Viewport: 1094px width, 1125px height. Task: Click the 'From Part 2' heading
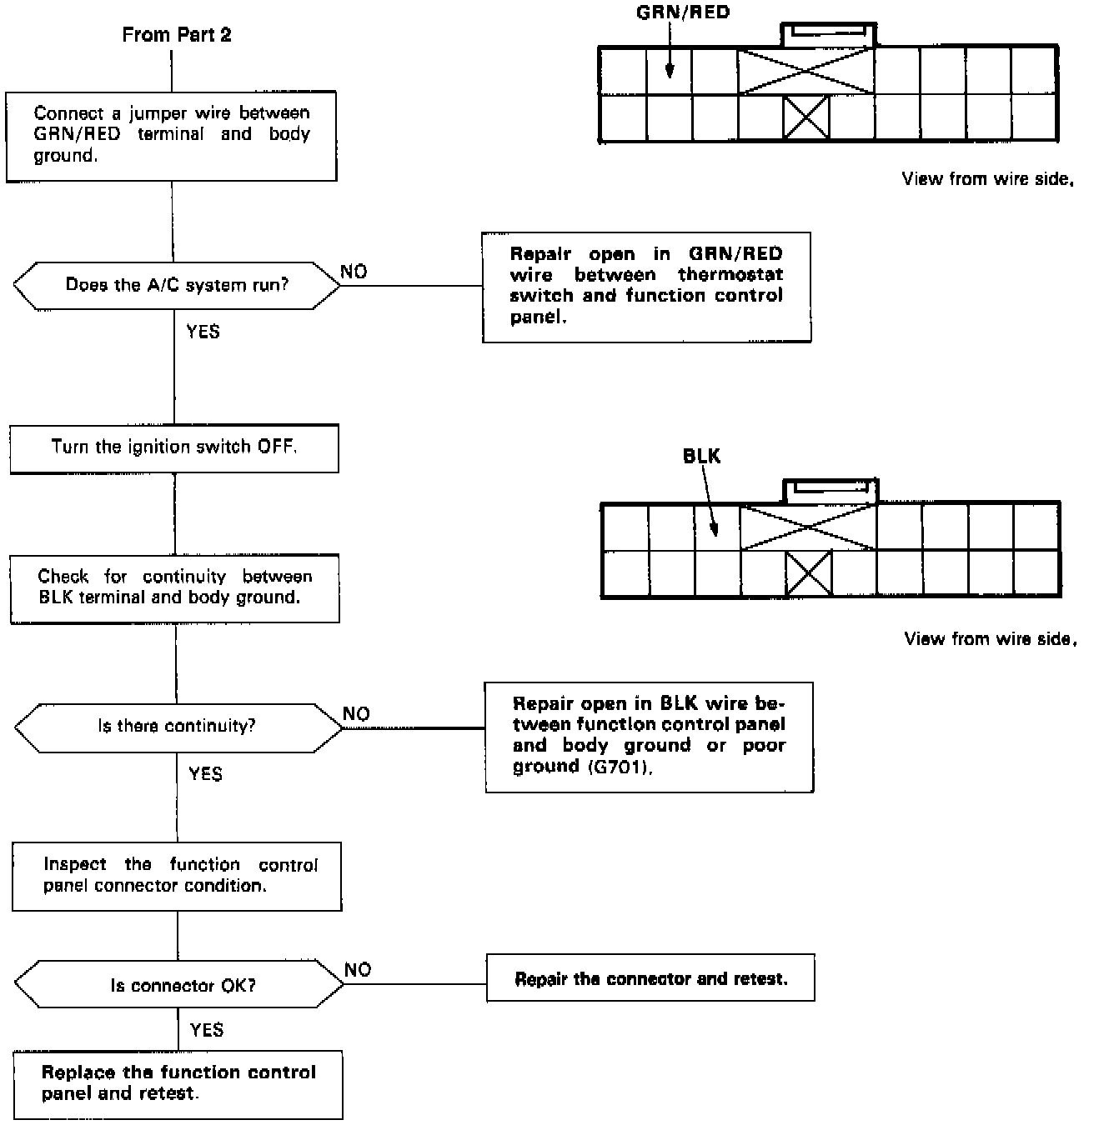pos(177,35)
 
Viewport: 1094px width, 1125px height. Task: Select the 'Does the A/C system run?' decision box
pos(177,285)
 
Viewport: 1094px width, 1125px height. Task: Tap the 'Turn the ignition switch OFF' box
pos(174,447)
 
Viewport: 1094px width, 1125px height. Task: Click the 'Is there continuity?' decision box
pos(177,727)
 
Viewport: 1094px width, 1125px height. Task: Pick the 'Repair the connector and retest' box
pos(650,979)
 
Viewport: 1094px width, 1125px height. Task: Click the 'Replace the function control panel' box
pos(178,1082)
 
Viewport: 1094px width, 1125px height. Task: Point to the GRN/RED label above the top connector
pos(682,12)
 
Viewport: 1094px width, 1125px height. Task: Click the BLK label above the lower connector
pos(701,456)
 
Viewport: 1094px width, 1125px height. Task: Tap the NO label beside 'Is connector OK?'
pos(358,970)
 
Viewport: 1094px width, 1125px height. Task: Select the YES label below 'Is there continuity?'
pos(205,774)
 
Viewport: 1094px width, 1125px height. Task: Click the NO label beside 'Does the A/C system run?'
pos(354,272)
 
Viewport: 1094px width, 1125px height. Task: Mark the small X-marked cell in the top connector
pos(806,117)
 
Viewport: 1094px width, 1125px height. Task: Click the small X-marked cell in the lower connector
pos(809,574)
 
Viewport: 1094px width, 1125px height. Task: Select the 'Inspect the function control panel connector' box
pos(178,876)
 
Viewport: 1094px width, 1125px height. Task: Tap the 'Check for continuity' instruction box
pos(175,587)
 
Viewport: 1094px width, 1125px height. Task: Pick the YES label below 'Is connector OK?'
pos(207,1030)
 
